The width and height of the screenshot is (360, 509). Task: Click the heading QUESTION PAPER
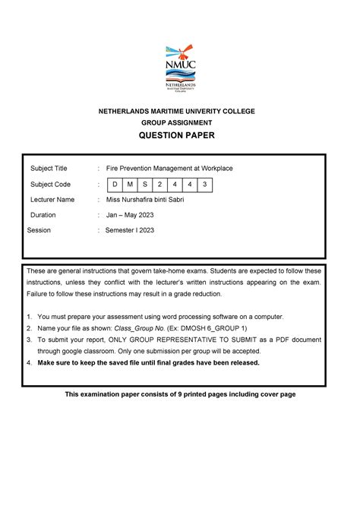[x=180, y=135]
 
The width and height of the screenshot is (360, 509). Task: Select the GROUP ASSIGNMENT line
[x=180, y=122]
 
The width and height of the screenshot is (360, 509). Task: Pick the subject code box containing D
[x=114, y=184]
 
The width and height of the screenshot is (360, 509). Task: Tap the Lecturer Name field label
[x=52, y=200]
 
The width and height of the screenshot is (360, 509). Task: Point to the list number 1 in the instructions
[x=29, y=316]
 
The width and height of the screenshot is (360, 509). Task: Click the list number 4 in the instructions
[x=29, y=362]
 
